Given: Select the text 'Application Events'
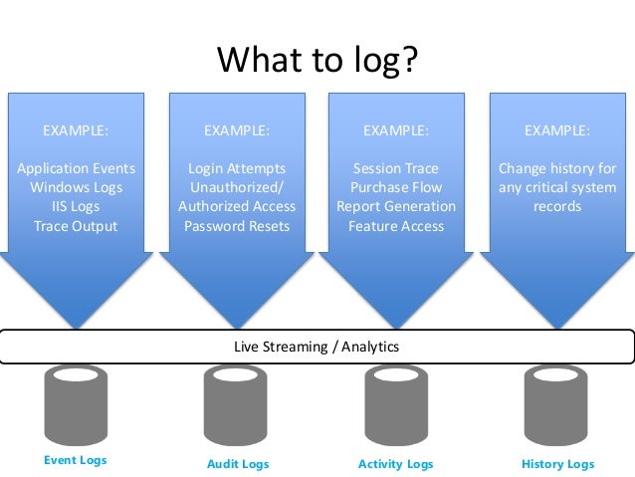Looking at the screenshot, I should click(76, 168).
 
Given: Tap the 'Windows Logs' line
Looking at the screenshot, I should click(76, 187).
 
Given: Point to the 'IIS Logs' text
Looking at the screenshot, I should click(76, 206).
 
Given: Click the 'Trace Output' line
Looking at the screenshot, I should click(76, 226).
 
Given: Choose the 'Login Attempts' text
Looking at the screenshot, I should click(237, 168).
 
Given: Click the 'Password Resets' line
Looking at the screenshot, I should click(237, 226).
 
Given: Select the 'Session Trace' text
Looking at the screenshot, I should click(396, 168).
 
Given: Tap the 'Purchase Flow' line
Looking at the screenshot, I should click(396, 187).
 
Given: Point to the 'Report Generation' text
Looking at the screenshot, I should click(396, 206).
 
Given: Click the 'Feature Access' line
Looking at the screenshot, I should click(396, 226).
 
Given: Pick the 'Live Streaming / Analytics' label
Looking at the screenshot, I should click(317, 347).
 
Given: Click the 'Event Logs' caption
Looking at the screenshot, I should click(76, 460).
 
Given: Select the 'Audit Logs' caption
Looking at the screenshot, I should click(238, 464).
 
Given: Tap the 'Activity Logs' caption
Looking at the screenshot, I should click(395, 464).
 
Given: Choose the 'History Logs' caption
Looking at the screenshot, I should click(557, 464).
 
